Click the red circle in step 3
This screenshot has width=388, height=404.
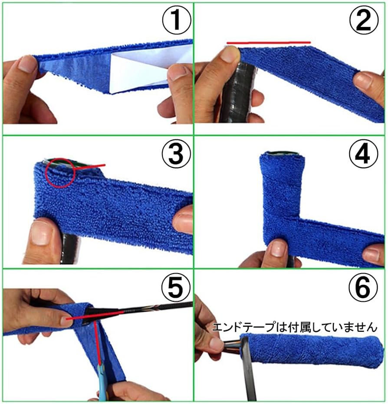[x=61, y=173]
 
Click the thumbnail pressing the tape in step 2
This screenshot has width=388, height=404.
[x=230, y=55]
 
